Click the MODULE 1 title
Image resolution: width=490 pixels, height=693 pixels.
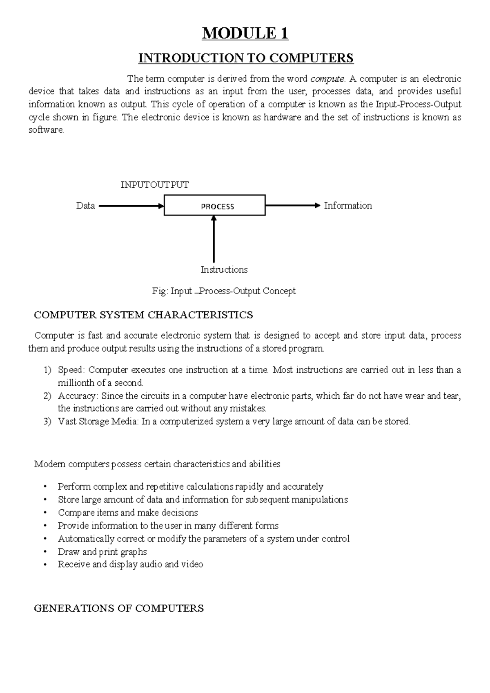[x=245, y=33]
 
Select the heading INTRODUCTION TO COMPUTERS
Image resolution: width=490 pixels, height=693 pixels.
[x=246, y=58]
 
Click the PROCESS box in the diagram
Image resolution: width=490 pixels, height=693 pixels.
[x=215, y=206]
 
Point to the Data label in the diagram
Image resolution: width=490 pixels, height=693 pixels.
[x=85, y=206]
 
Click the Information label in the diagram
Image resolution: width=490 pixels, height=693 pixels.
[x=347, y=206]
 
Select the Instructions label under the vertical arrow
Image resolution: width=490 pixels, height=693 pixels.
[x=224, y=270]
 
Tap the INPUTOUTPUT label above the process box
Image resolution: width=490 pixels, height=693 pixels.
[x=154, y=185]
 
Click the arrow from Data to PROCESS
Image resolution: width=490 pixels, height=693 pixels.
[x=131, y=206]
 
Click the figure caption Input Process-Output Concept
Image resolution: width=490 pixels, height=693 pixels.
[x=224, y=291]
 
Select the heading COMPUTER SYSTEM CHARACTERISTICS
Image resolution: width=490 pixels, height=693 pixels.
[x=143, y=315]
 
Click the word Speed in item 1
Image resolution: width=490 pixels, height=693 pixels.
[x=70, y=370]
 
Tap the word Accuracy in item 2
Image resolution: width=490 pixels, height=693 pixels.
[x=77, y=396]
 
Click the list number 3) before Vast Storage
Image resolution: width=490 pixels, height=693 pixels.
[x=47, y=422]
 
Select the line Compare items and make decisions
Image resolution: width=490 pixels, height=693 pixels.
[x=128, y=513]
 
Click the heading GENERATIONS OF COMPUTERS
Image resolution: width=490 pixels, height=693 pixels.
[x=119, y=609]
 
